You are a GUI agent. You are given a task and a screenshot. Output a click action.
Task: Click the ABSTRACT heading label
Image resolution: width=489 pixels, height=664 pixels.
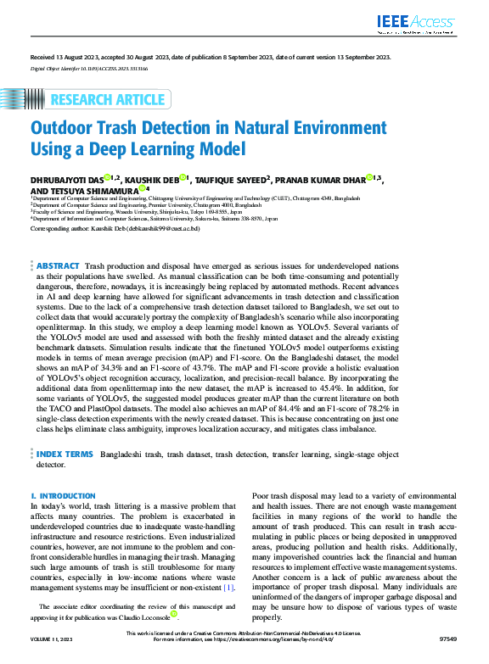(59, 266)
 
